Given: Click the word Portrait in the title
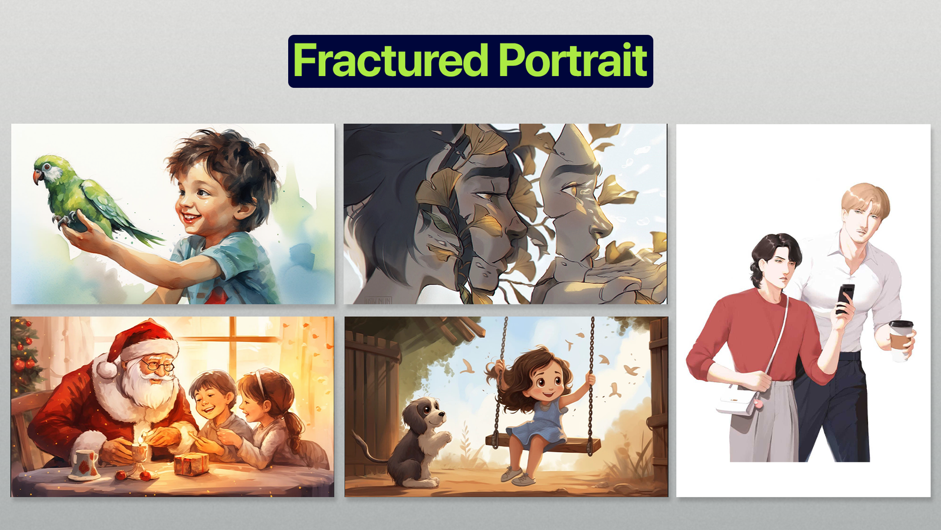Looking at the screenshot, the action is click(573, 61).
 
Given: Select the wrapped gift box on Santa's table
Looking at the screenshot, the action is click(191, 464).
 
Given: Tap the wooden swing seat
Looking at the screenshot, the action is click(542, 443).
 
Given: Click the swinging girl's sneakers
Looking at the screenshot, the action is click(518, 476).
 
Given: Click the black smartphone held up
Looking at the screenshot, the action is click(845, 298).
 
